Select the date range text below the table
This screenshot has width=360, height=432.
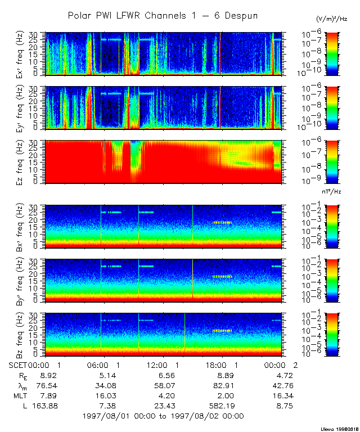tap(163, 416)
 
